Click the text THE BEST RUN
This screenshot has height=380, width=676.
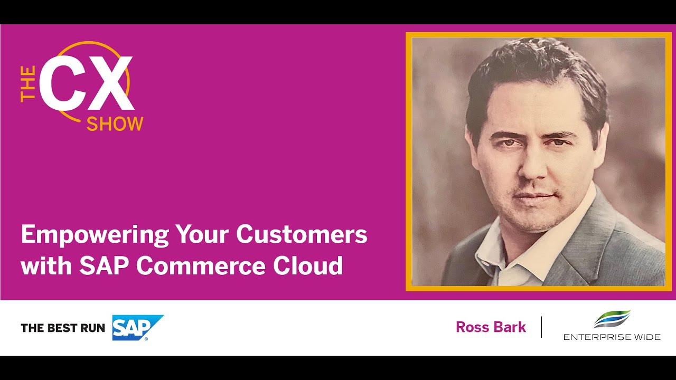[x=63, y=328]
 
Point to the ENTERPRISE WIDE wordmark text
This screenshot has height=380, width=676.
[x=612, y=337]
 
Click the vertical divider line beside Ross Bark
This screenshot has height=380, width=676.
[x=541, y=327]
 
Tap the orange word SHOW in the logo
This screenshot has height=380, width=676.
[x=115, y=124]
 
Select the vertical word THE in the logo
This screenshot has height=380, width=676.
[x=28, y=83]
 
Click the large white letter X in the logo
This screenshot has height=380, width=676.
[x=108, y=83]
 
